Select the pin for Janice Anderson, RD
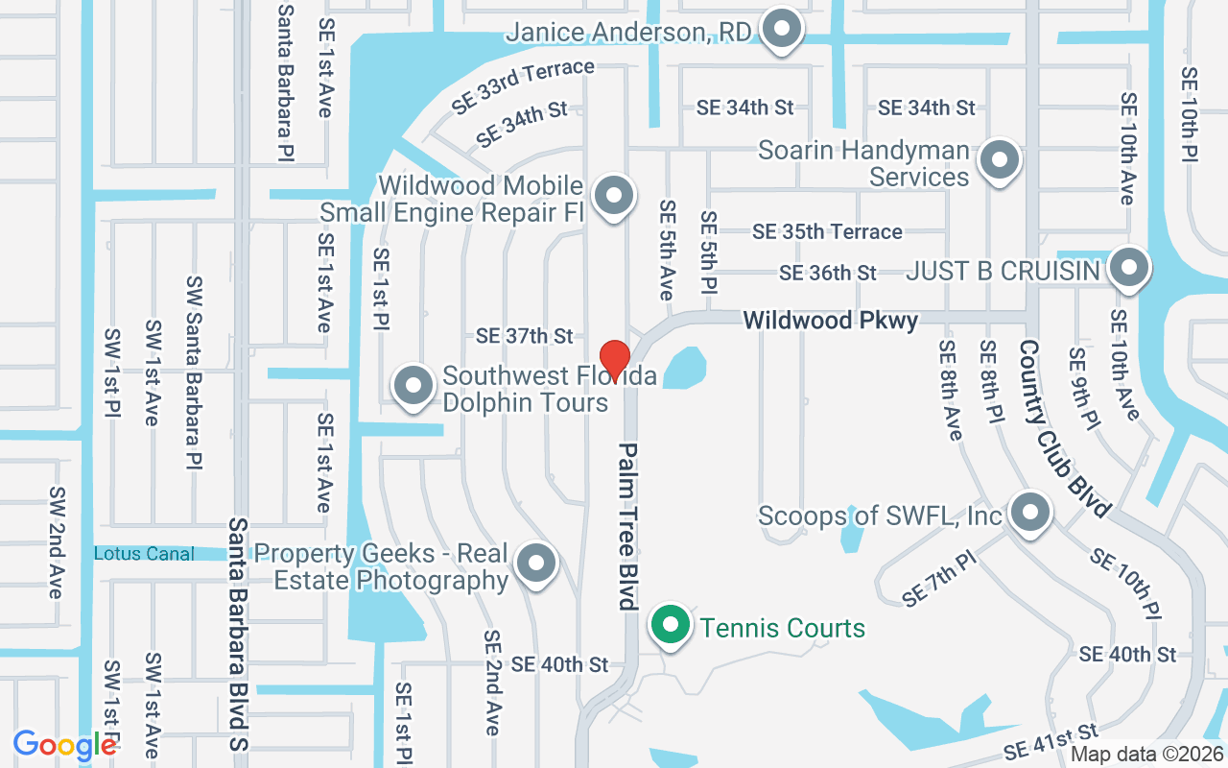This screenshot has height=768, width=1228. pyautogui.click(x=782, y=30)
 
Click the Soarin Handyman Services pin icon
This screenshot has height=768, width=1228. pyautogui.click(x=1000, y=160)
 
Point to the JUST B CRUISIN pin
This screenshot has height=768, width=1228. pyautogui.click(x=1128, y=268)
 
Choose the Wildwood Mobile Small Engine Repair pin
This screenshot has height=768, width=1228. pyautogui.click(x=613, y=196)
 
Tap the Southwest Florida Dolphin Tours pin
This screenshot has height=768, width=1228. pyautogui.click(x=414, y=386)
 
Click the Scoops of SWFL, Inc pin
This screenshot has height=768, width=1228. pyautogui.click(x=1030, y=512)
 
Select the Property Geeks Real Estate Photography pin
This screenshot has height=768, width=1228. pyautogui.click(x=535, y=564)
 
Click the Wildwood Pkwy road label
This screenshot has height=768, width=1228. pyautogui.click(x=831, y=320)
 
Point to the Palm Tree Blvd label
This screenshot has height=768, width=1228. pyautogui.click(x=628, y=526)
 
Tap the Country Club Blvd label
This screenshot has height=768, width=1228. pyautogui.click(x=1063, y=428)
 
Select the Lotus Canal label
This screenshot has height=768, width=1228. pyautogui.click(x=144, y=554)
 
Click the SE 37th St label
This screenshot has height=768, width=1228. pyautogui.click(x=524, y=336)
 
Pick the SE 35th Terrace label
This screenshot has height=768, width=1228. pyautogui.click(x=827, y=231)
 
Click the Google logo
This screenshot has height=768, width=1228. pyautogui.click(x=64, y=745)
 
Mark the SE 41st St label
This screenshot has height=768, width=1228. pyautogui.click(x=1051, y=742)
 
